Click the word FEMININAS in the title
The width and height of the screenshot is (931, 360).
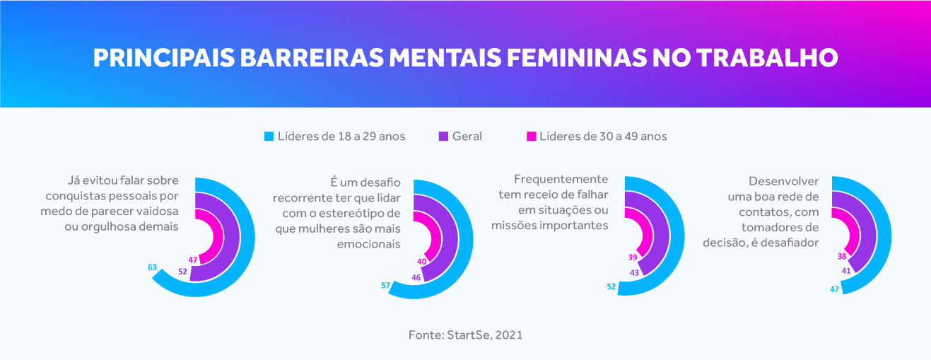pyautogui.click(x=569, y=57)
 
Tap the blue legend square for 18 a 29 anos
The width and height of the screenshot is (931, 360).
pyautogui.click(x=269, y=137)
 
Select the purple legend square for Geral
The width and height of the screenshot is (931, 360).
pyautogui.click(x=444, y=137)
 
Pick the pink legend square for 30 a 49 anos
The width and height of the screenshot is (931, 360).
pyautogui.click(x=532, y=137)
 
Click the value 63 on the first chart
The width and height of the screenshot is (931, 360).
pyautogui.click(x=152, y=267)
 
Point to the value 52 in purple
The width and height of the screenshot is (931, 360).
pyautogui.click(x=182, y=272)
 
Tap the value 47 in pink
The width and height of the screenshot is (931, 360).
pyautogui.click(x=193, y=260)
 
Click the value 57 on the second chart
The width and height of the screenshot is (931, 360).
pyautogui.click(x=386, y=285)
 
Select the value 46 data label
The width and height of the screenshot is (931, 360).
pyautogui.click(x=416, y=278)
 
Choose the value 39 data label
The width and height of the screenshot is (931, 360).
pyautogui.click(x=633, y=257)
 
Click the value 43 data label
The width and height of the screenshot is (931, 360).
pyautogui.click(x=634, y=272)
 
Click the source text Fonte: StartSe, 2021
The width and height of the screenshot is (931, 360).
pyautogui.click(x=465, y=335)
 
